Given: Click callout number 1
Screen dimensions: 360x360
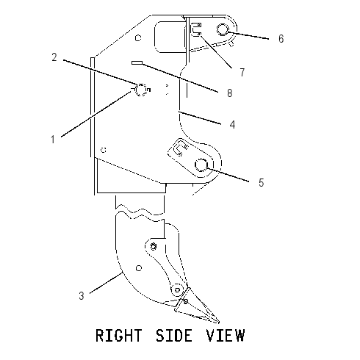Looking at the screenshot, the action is tap(53, 140).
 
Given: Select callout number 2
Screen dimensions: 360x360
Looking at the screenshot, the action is tap(54, 57).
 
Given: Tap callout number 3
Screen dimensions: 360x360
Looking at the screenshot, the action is tap(82, 296).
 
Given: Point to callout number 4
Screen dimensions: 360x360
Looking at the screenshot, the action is tap(232, 124).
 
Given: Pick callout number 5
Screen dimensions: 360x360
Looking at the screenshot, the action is tap(262, 183).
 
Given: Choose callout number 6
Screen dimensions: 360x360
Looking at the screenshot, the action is tap(281, 39).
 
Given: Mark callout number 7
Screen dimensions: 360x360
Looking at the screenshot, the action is tap(242, 72).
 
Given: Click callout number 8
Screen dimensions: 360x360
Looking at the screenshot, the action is tap(229, 93).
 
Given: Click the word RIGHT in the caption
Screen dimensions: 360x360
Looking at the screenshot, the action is tap(119, 335).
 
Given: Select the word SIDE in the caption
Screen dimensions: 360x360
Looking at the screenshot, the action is tap(174, 335).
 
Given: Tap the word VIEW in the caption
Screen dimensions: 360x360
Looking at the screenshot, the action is tap(226, 335).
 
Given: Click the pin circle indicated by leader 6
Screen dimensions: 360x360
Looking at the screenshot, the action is tap(223, 29).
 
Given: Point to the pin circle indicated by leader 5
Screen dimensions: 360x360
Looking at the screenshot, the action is tap(201, 165).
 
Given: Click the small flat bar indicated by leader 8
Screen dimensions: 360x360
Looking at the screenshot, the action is tap(137, 63).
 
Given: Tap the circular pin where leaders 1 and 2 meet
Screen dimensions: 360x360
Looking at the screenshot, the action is tap(141, 90).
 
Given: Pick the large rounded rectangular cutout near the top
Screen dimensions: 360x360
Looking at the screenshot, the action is tap(170, 37).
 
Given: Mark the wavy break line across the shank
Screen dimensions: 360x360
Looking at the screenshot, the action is tap(140, 212).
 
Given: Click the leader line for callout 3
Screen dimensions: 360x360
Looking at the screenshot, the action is tap(106, 283).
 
